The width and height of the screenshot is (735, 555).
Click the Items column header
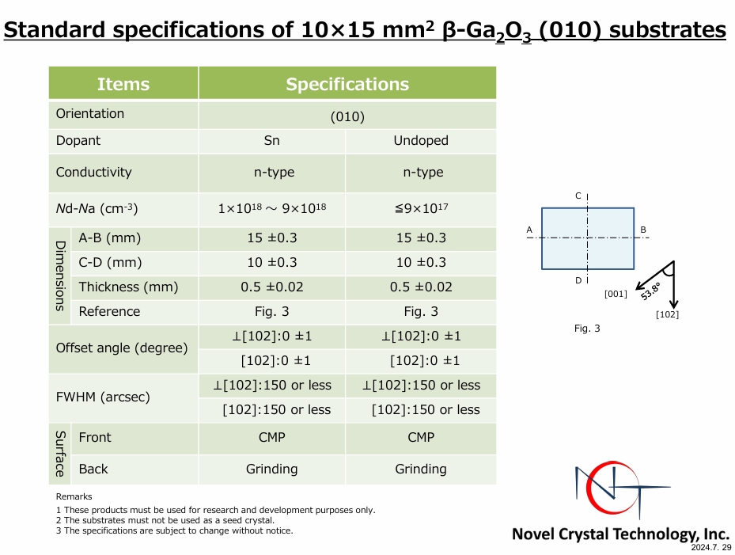pyautogui.click(x=123, y=84)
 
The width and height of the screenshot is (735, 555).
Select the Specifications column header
pyautogui.click(x=347, y=84)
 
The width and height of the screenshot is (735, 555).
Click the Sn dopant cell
pyautogui.click(x=272, y=141)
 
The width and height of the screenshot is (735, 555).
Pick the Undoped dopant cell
pyautogui.click(x=421, y=141)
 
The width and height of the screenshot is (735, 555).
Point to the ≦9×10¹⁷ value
pyautogui.click(x=421, y=208)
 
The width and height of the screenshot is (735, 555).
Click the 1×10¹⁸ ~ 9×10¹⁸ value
pyautogui.click(x=272, y=208)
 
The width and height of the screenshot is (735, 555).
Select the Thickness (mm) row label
pyautogui.click(x=128, y=287)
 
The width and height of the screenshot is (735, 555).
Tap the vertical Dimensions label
pyautogui.click(x=60, y=276)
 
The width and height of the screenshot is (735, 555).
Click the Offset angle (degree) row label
pyautogui.click(x=122, y=348)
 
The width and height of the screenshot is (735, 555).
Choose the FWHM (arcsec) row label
pyautogui.click(x=103, y=397)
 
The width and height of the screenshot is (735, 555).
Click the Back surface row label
pyautogui.click(x=93, y=469)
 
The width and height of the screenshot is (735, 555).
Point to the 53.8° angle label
pyautogui.click(x=650, y=291)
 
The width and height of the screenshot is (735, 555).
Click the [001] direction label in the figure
pyautogui.click(x=616, y=295)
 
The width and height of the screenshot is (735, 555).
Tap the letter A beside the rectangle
pyautogui.click(x=529, y=230)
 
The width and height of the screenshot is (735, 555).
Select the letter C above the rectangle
pyautogui.click(x=578, y=196)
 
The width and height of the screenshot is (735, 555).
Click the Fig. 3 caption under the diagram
pyautogui.click(x=587, y=329)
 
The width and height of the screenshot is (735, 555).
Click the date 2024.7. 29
pyautogui.click(x=710, y=548)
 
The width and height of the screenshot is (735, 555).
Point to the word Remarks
pyautogui.click(x=74, y=496)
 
